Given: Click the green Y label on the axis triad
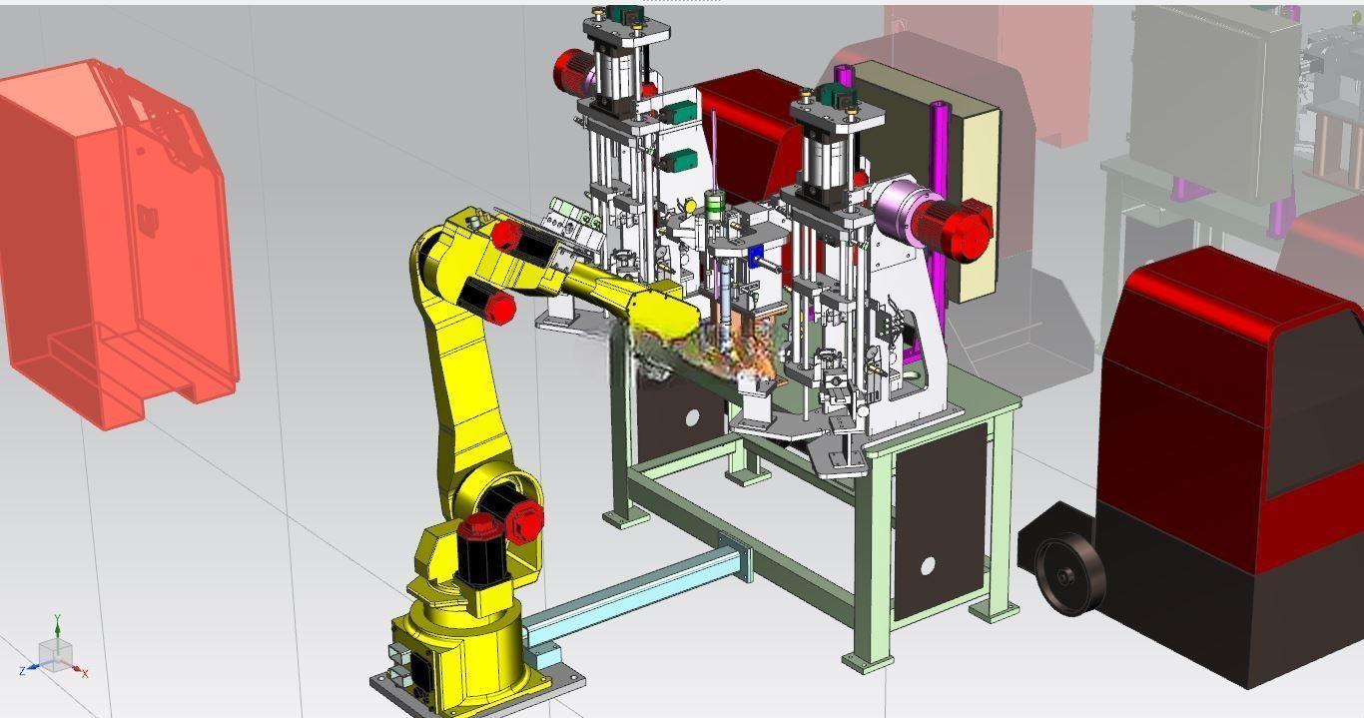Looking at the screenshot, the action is pos(57,619).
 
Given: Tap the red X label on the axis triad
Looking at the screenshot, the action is pos(85,673).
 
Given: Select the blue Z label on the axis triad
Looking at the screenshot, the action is pos(23,671).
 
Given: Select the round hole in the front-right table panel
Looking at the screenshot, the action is pos(928,566).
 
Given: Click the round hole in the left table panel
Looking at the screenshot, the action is pos(692,417).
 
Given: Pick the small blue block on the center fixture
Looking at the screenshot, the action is pos(755,256).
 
